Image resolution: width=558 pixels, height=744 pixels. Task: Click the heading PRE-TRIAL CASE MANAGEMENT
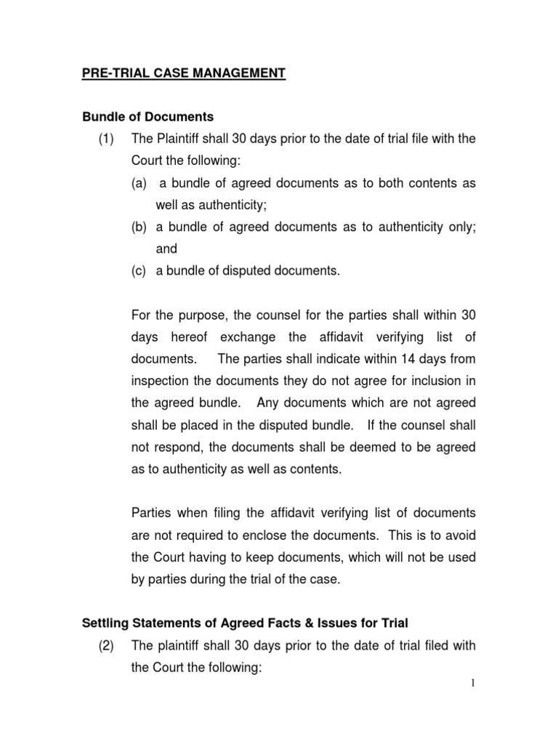(x=183, y=73)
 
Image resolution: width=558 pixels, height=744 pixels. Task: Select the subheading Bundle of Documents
(x=147, y=117)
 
